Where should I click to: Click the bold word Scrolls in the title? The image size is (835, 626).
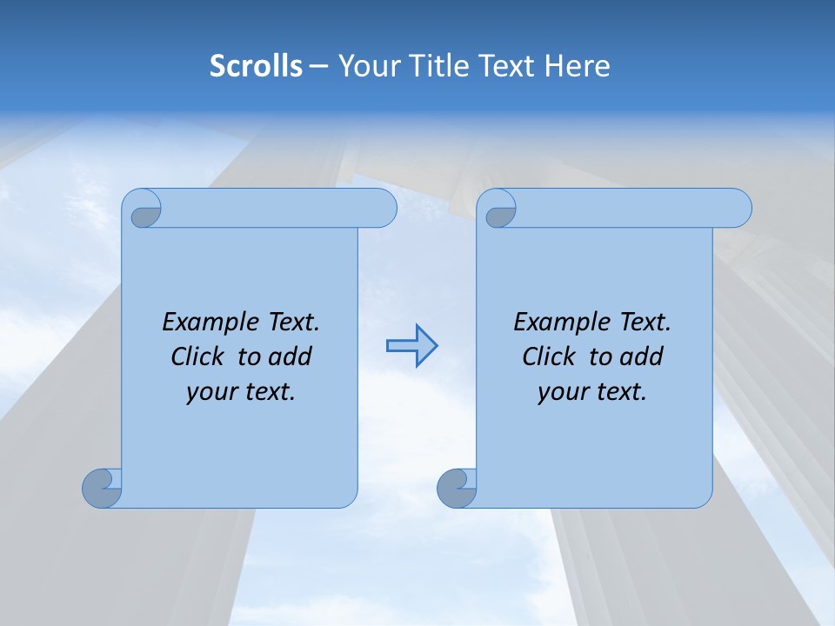point(256,65)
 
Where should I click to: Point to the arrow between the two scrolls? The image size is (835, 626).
point(411,345)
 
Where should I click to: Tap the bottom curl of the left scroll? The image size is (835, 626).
point(102,488)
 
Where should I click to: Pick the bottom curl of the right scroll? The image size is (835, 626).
point(456,488)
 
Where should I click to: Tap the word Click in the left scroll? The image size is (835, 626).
point(198,356)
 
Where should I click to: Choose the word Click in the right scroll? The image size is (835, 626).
point(550,356)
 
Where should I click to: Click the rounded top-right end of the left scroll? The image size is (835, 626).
point(383,209)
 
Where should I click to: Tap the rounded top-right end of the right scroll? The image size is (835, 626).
point(738,209)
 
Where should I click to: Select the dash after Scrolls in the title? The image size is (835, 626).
point(319,66)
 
